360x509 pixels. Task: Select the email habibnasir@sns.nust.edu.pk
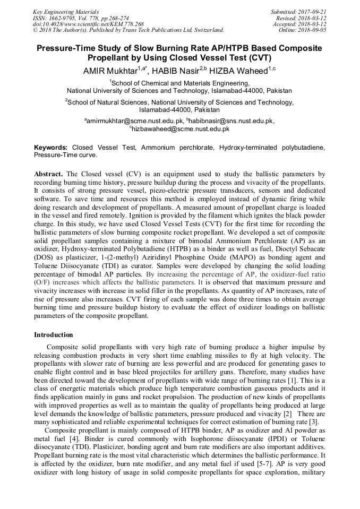point(229,120)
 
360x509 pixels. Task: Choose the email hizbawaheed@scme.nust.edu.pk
point(181,128)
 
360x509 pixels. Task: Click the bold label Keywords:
point(51,147)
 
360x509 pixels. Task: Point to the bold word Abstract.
point(48,174)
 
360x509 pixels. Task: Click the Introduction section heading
point(54,334)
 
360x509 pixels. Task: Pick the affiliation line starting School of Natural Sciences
point(179,102)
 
